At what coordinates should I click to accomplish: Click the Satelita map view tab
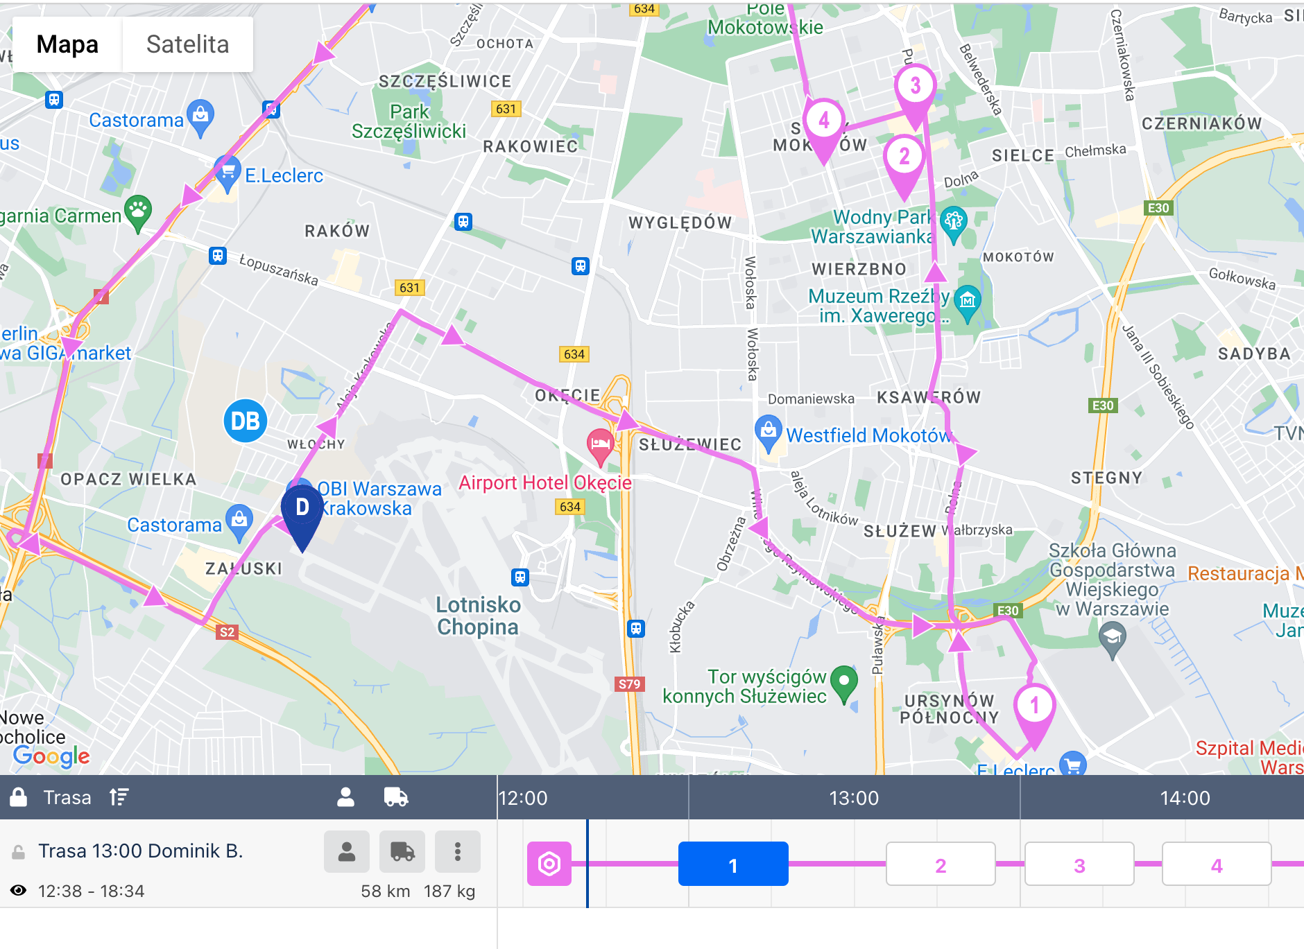pyautogui.click(x=187, y=44)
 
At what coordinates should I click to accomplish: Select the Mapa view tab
pyautogui.click(x=67, y=44)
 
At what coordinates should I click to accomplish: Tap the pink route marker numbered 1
pyautogui.click(x=1034, y=707)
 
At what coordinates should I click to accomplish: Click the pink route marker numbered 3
pyautogui.click(x=915, y=87)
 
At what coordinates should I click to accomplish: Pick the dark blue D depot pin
pyautogui.click(x=302, y=510)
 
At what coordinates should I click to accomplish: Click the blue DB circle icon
pyautogui.click(x=245, y=421)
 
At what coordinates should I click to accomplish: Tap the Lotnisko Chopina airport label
pyautogui.click(x=478, y=616)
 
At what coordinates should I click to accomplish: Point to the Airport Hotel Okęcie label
pyautogui.click(x=545, y=482)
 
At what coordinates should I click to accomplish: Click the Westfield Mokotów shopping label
pyautogui.click(x=868, y=435)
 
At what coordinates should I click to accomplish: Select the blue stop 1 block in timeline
pyautogui.click(x=733, y=864)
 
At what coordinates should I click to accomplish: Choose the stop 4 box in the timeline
pyautogui.click(x=1217, y=864)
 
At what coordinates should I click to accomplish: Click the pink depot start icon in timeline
pyautogui.click(x=549, y=864)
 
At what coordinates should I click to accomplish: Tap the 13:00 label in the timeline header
pyautogui.click(x=854, y=798)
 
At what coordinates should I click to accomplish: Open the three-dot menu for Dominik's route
pyautogui.click(x=458, y=851)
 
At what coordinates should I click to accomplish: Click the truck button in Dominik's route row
pyautogui.click(x=402, y=851)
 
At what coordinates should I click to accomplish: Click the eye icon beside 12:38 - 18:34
pyautogui.click(x=19, y=891)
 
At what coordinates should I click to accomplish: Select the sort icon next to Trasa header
pyautogui.click(x=119, y=797)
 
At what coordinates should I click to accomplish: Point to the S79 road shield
pyautogui.click(x=629, y=684)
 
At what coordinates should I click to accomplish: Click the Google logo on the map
pyautogui.click(x=51, y=756)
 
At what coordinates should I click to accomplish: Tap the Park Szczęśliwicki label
pyautogui.click(x=409, y=121)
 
